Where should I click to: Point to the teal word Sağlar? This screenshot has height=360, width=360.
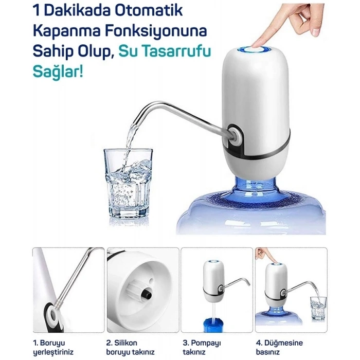click(58, 71)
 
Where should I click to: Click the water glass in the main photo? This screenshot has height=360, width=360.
click(128, 184)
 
